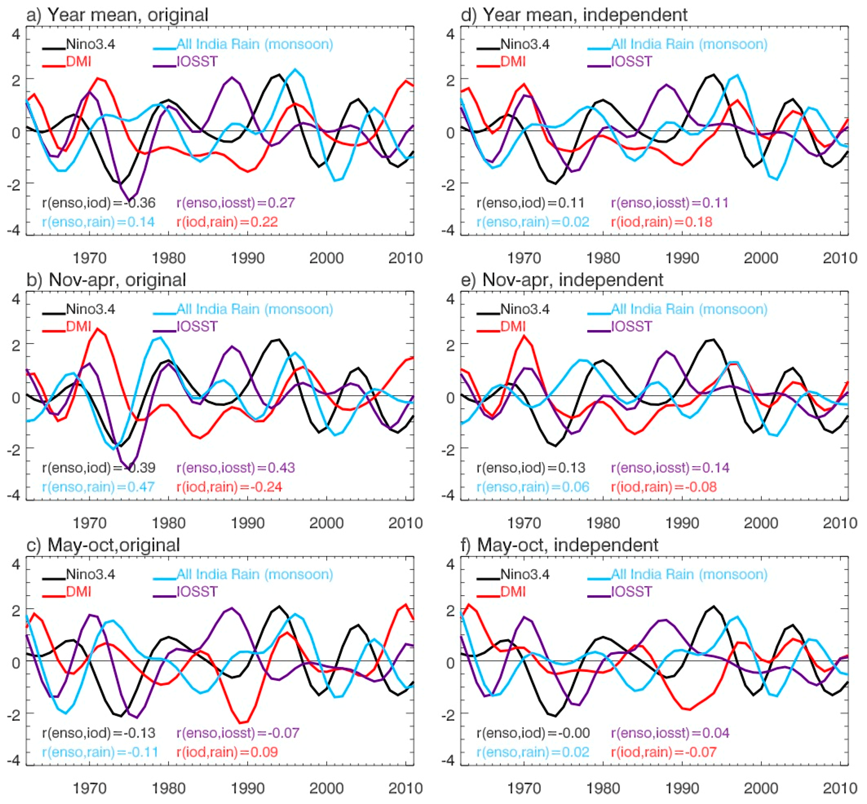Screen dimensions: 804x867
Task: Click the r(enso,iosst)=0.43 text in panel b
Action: click(x=235, y=468)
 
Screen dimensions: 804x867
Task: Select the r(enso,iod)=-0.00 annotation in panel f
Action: click(x=533, y=733)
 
